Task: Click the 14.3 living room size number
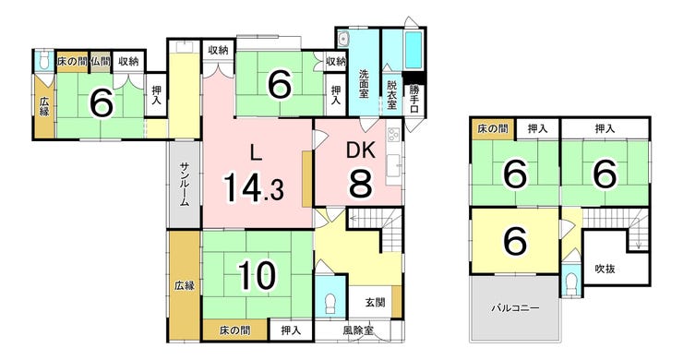[x=254, y=187]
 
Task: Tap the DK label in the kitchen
[x=361, y=150]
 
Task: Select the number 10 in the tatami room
[x=258, y=275]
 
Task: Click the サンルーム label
[x=185, y=184]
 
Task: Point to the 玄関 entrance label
[x=375, y=302]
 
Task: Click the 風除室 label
[x=357, y=330]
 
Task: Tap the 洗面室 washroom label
[x=365, y=84]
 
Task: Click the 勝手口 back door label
[x=413, y=99]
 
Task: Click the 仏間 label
[x=101, y=62]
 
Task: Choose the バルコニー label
[x=515, y=308]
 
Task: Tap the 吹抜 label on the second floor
[x=605, y=269]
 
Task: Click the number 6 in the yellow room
[x=515, y=241]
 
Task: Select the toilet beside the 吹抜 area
[x=570, y=282]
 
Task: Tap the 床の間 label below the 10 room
[x=234, y=330]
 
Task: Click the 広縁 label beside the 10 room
[x=185, y=286]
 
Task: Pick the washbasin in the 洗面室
[x=343, y=40]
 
